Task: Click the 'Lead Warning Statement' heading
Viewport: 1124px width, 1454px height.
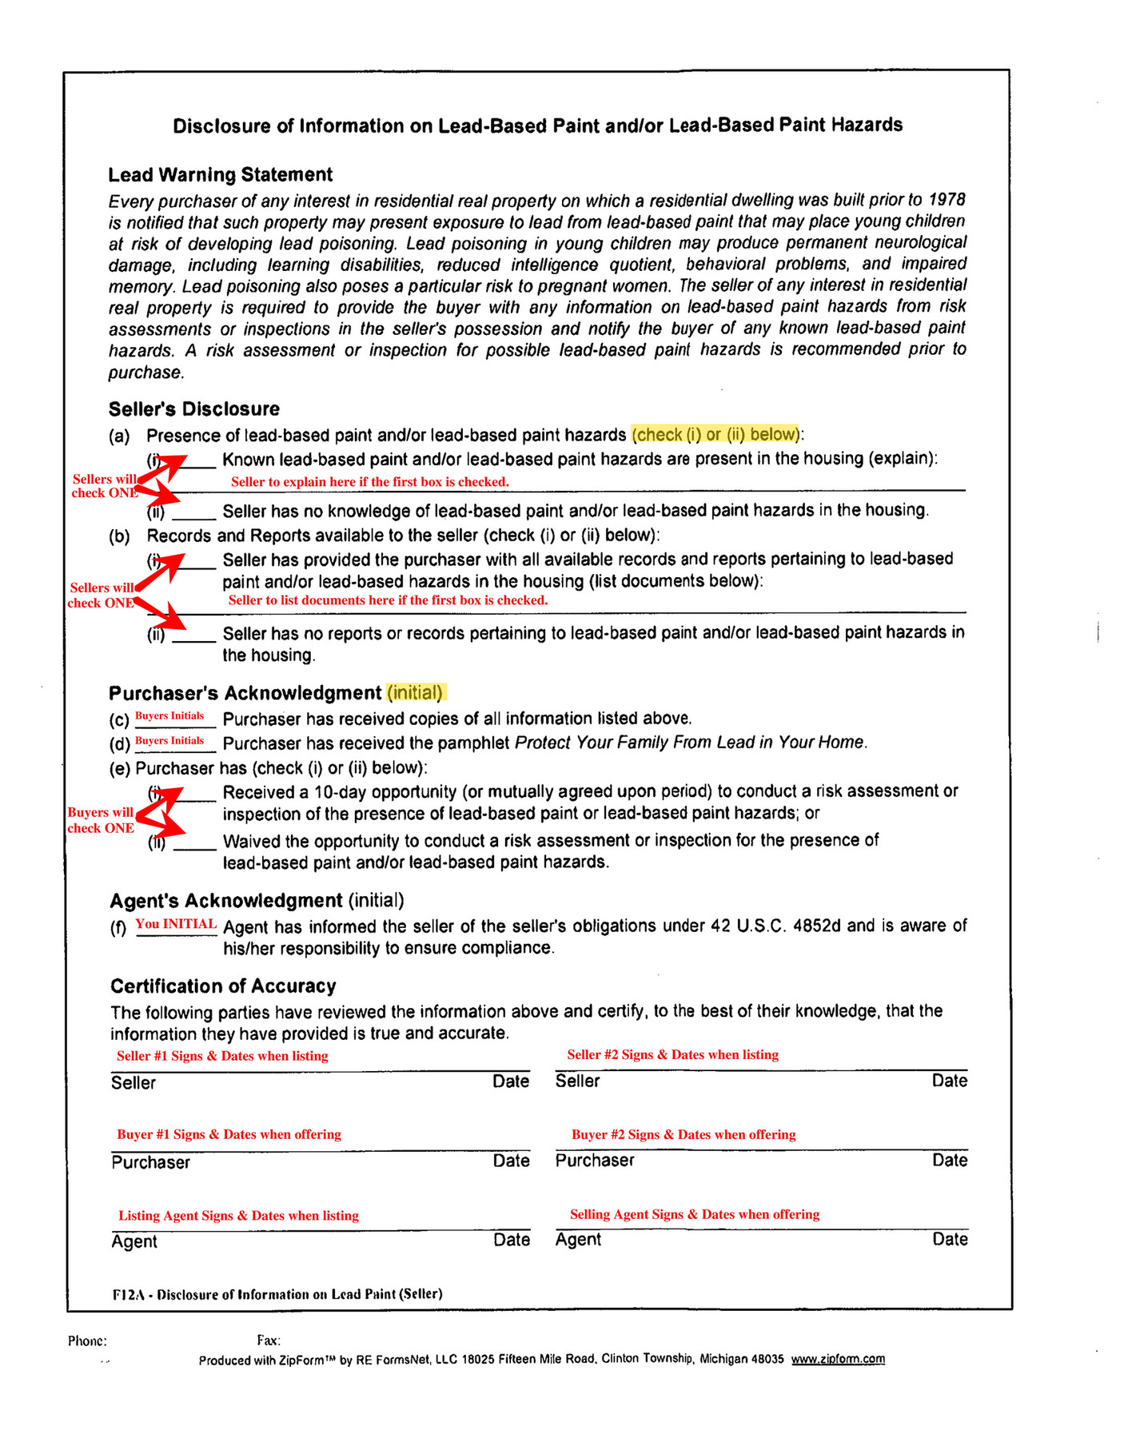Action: [221, 174]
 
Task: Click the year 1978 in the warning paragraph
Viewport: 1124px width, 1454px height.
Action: [947, 199]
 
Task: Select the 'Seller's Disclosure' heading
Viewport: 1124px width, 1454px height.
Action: [194, 409]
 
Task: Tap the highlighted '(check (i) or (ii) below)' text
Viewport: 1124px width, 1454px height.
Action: [715, 434]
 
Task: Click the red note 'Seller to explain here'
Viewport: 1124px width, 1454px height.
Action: [369, 482]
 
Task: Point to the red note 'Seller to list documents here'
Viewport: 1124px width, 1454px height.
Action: [388, 600]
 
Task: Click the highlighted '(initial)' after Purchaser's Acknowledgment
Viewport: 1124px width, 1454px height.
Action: [415, 692]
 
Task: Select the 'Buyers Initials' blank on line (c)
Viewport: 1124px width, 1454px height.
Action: [169, 716]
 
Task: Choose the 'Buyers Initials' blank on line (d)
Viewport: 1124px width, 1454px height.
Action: [169, 741]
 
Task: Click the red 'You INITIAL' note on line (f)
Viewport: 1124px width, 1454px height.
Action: [176, 924]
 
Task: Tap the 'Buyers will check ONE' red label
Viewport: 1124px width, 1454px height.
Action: [101, 820]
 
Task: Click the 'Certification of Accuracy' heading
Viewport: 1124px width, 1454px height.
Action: [223, 986]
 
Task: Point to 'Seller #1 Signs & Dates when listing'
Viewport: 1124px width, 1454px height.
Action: [222, 1056]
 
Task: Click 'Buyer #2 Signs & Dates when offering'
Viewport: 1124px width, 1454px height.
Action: [684, 1134]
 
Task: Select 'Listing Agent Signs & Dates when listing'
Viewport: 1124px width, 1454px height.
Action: [238, 1216]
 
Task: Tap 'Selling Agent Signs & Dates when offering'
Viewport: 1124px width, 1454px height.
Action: [695, 1214]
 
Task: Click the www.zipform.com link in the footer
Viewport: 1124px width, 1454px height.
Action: [838, 1359]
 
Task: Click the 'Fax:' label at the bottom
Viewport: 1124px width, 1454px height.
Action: [269, 1340]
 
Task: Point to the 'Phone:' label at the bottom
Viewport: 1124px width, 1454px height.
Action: [87, 1341]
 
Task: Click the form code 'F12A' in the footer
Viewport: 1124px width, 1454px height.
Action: [128, 1293]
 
